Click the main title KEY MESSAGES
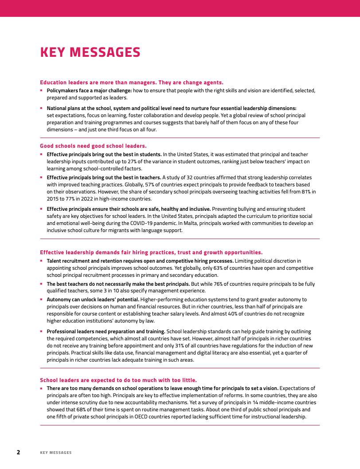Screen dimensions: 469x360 [90, 52]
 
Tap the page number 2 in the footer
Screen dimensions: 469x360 [18, 452]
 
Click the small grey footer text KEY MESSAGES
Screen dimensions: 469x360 [55, 453]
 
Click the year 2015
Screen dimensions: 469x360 [54, 199]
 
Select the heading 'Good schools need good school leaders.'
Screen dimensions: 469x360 [93, 146]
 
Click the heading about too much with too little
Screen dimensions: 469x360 [118, 380]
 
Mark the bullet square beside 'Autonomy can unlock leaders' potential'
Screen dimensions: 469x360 [41, 299]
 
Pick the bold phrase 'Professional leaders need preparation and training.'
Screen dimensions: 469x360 [106, 331]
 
